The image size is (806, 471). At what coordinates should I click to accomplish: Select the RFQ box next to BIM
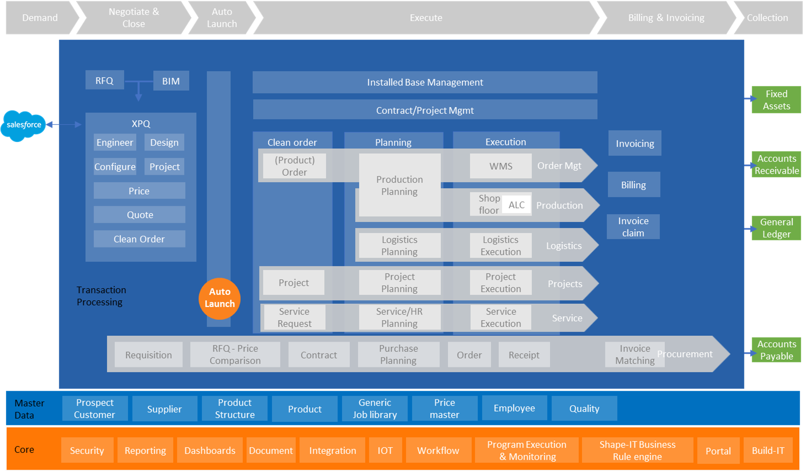104,80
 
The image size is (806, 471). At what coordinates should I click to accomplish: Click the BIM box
171,81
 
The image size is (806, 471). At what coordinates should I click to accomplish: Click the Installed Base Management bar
425,82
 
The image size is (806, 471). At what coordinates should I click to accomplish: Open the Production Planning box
400,185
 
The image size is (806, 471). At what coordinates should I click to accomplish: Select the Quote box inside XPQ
140,214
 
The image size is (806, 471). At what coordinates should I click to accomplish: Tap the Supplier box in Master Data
164,409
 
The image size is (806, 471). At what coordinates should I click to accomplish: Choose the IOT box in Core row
385,450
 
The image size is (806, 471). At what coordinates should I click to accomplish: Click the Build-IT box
768,450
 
